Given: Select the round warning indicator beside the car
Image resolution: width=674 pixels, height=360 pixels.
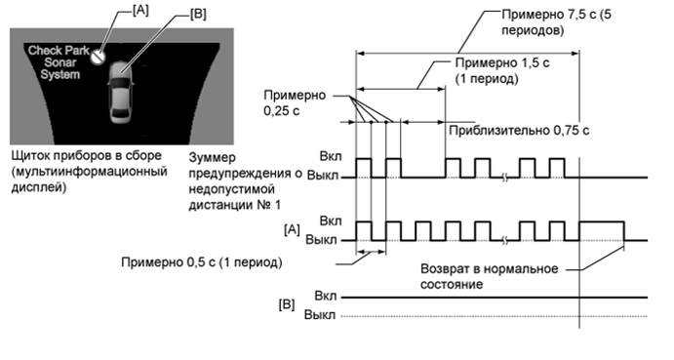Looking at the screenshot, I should [x=97, y=58].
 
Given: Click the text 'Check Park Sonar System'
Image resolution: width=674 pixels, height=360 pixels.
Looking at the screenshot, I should [x=58, y=61].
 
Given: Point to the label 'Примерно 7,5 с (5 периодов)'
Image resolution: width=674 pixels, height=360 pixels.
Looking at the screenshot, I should [x=560, y=22].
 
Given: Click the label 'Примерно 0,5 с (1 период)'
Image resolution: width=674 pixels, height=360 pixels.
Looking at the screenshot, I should [x=202, y=262].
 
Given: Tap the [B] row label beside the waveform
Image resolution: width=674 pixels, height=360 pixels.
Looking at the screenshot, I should [x=287, y=304].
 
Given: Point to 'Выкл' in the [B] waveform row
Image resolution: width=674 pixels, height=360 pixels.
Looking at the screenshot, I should [x=321, y=315].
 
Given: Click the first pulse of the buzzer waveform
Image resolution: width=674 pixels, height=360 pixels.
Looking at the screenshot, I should [x=363, y=167].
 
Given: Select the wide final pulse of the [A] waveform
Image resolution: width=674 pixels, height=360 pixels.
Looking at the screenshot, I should [x=601, y=231].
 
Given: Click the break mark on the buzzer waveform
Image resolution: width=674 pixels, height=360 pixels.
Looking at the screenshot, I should [x=504, y=177].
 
